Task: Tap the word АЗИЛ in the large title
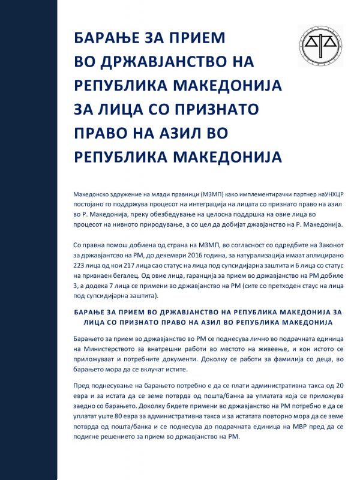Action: pyautogui.click(x=203, y=132)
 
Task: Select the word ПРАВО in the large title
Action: pyautogui.click(x=104, y=132)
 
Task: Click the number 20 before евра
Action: pyautogui.click(x=335, y=383)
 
